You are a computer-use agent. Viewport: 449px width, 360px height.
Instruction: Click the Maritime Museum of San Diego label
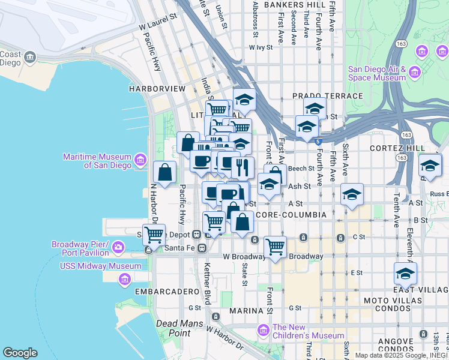click(97, 161)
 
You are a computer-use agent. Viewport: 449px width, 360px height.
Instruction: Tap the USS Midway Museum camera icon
click(125, 278)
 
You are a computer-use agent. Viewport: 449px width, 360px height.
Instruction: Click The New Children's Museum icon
click(263, 330)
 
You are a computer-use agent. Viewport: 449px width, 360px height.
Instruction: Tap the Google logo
click(20, 353)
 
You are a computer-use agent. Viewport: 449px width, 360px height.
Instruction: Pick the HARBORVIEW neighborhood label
click(157, 88)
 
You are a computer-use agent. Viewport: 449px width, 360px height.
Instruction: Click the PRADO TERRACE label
click(328, 96)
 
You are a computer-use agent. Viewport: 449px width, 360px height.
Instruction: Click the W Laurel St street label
click(159, 22)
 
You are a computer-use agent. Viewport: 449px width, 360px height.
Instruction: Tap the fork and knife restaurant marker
click(243, 167)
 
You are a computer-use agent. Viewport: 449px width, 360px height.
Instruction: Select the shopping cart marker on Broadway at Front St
click(275, 246)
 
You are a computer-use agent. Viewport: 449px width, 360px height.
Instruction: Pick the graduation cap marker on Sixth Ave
click(352, 194)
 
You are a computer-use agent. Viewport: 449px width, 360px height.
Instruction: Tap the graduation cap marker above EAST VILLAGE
click(406, 273)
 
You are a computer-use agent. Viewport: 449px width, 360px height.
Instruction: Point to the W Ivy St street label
click(265, 47)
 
